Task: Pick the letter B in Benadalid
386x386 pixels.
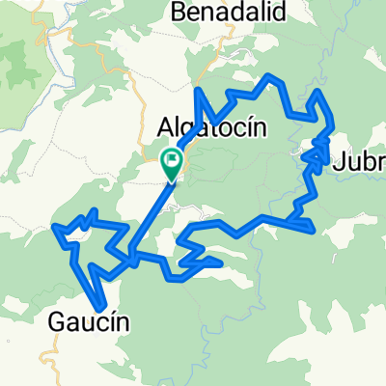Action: pyautogui.click(x=179, y=12)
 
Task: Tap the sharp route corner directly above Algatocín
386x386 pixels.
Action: pyautogui.click(x=200, y=92)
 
